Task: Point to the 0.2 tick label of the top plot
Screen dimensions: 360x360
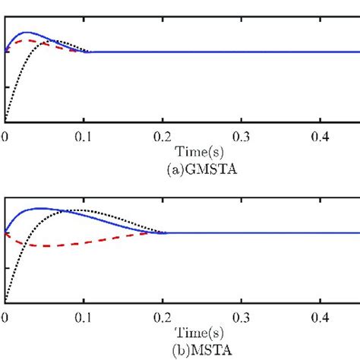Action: pyautogui.click(x=162, y=136)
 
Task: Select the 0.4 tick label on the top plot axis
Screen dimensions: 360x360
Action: pyautogui.click(x=320, y=136)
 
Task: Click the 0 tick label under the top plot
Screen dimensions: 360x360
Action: pyautogui.click(x=5, y=136)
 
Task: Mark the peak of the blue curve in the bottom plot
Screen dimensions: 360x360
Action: pyautogui.click(x=36, y=208)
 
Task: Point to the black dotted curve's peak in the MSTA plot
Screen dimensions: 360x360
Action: pyautogui.click(x=80, y=210)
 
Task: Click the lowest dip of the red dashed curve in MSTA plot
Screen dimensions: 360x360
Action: pyautogui.click(x=49, y=246)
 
